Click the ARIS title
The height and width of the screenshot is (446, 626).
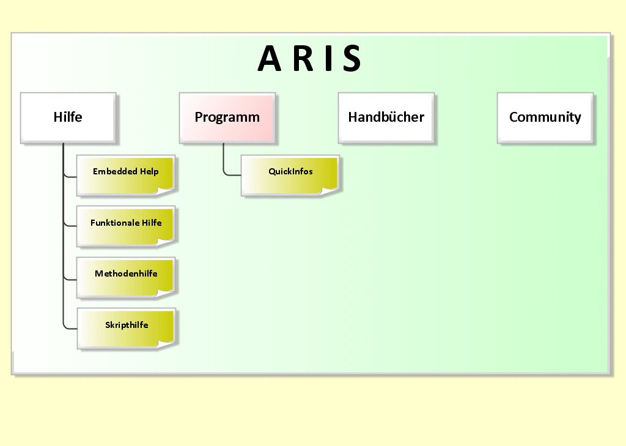[310, 59]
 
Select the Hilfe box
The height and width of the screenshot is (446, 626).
[68, 117]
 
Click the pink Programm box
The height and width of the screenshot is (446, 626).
[227, 117]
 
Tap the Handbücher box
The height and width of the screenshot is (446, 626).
[386, 117]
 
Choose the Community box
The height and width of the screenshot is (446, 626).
[545, 117]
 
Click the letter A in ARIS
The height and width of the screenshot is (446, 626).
[270, 59]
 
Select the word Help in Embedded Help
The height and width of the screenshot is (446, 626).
[149, 171]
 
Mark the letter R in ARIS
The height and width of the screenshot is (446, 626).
[300, 59]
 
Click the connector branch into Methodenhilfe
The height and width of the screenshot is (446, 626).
[70, 278]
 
